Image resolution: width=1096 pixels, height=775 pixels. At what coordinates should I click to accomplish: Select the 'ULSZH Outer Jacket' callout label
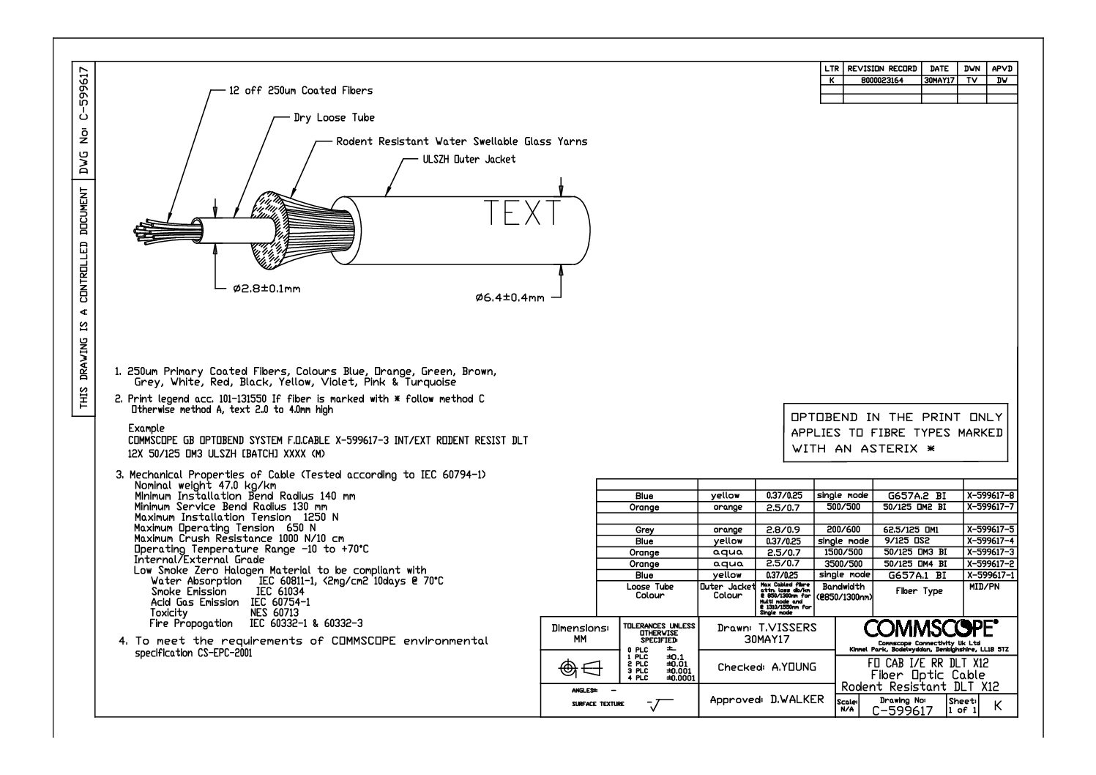[469, 159]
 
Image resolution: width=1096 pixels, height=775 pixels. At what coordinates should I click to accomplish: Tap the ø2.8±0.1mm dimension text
[266, 289]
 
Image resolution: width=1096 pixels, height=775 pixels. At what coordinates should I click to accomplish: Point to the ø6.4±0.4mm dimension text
[510, 297]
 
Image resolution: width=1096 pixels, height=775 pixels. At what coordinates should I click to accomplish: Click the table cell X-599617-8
[991, 496]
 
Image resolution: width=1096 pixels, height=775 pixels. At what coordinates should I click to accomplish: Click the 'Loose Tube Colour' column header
[649, 591]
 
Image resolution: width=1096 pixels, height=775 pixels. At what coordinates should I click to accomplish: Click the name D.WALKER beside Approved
[797, 700]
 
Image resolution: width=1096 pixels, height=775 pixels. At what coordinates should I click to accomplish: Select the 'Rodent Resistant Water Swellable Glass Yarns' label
[461, 141]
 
